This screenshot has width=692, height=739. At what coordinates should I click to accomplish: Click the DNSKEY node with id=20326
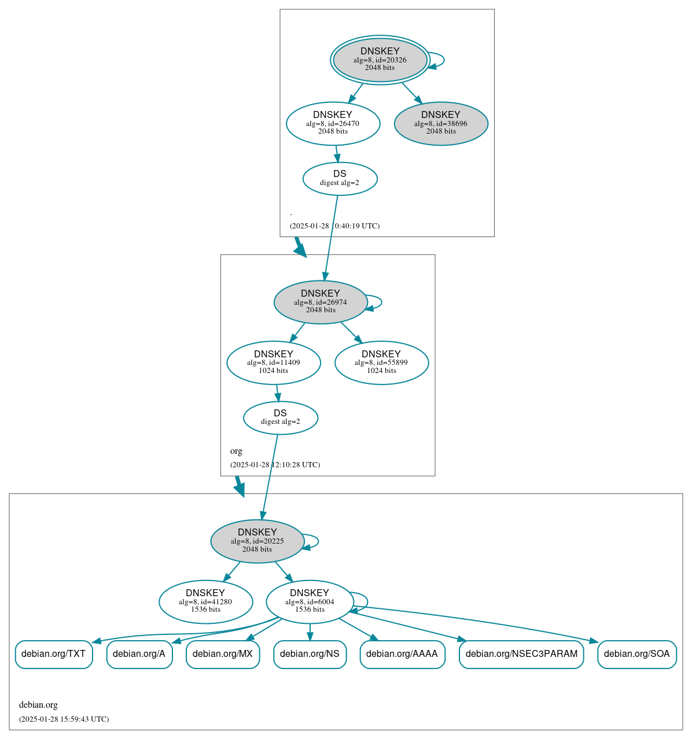tap(380, 60)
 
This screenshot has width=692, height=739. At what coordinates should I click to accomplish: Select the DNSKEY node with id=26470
tap(333, 123)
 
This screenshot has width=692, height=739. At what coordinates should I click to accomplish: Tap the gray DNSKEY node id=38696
tap(441, 123)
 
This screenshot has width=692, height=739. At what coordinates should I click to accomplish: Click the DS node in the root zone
tap(340, 178)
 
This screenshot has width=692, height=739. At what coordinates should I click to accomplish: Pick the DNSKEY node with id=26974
tap(321, 302)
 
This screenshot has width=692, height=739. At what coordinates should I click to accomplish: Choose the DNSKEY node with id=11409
tap(274, 363)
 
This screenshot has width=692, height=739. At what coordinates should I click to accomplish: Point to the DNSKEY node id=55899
tap(381, 363)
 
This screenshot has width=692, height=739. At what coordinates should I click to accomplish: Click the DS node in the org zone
tap(280, 417)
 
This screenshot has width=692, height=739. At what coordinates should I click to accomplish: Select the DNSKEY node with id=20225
tap(257, 541)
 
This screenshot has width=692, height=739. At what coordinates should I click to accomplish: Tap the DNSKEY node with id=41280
tap(205, 601)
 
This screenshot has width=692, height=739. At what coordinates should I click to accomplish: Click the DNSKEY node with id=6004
tap(310, 601)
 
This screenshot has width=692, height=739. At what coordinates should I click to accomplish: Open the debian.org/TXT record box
tap(54, 654)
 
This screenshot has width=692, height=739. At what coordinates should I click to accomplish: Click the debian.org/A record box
tap(139, 654)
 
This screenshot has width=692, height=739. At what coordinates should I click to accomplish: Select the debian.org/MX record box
tap(223, 654)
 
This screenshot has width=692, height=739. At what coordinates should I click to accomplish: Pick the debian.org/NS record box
tap(310, 654)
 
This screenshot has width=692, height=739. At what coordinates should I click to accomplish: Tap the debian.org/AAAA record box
tap(402, 654)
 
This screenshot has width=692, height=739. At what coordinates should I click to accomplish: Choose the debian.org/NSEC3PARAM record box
tap(521, 654)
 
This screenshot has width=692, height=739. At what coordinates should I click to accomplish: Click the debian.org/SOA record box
tap(636, 654)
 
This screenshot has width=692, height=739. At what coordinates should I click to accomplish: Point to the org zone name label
tap(236, 451)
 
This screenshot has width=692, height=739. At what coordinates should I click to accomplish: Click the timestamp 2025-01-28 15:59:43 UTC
tap(64, 719)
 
